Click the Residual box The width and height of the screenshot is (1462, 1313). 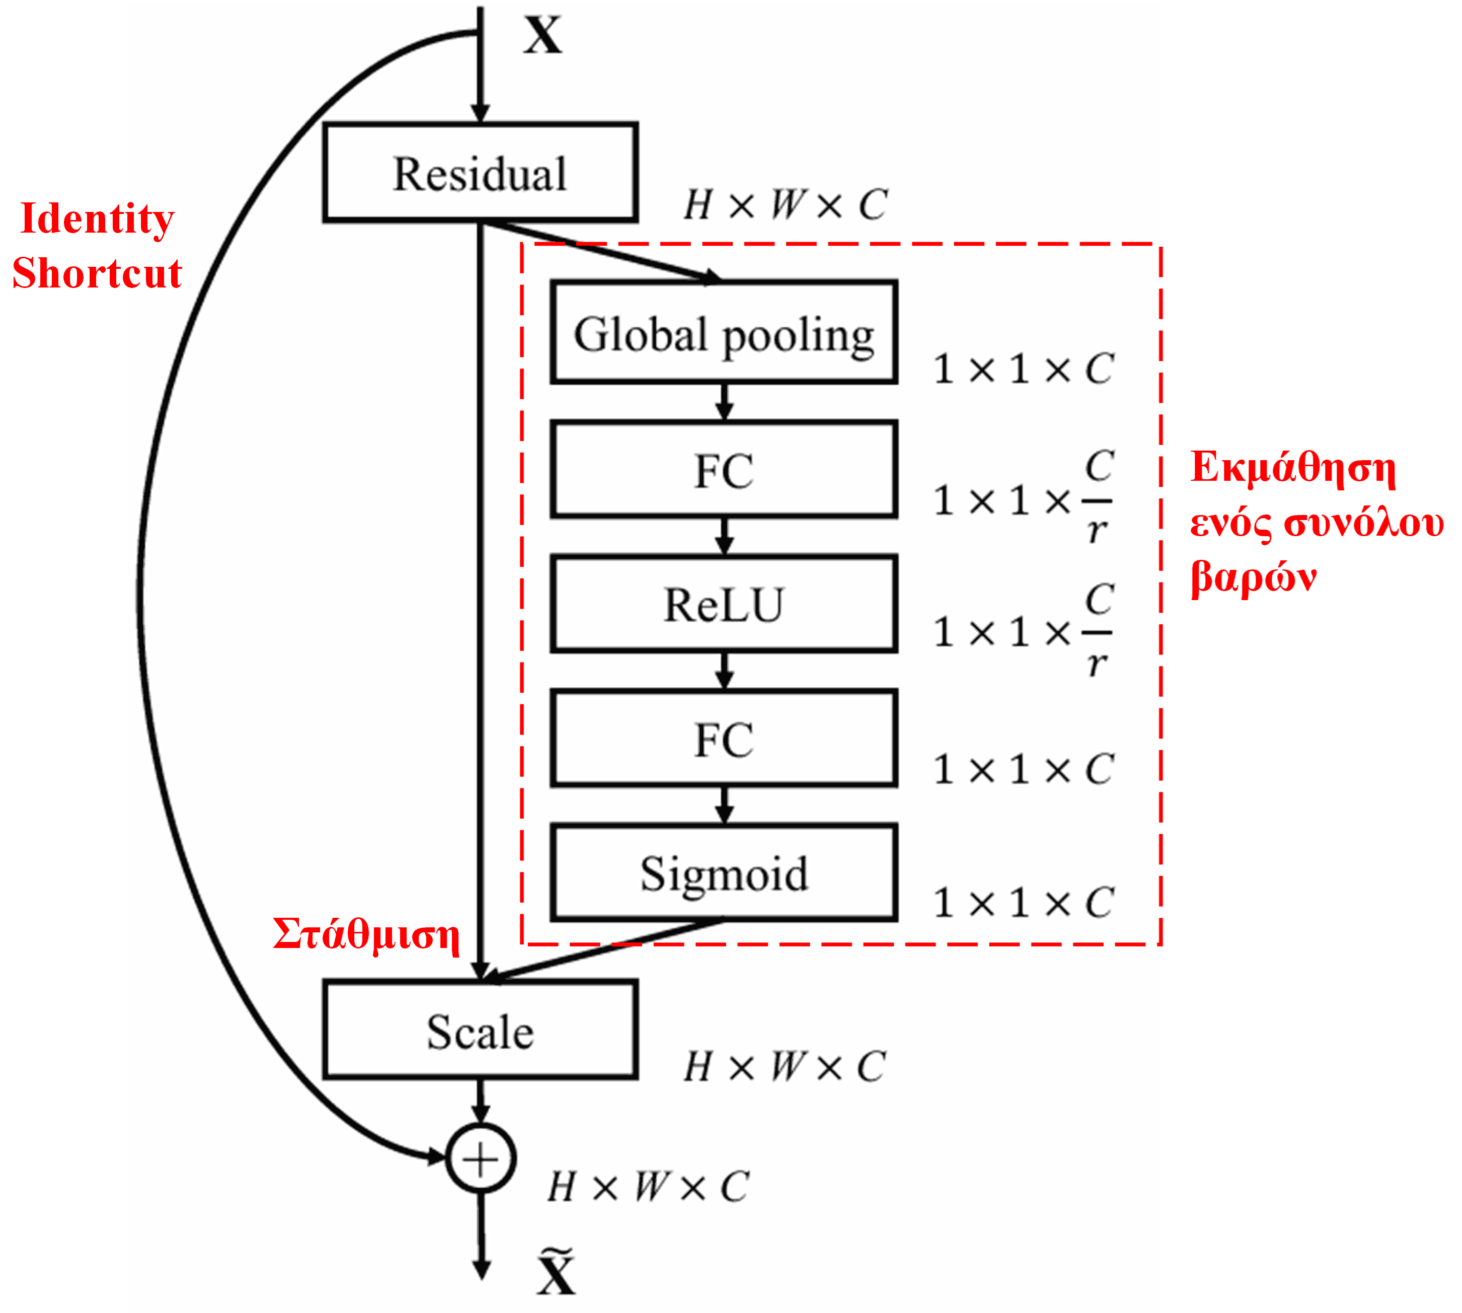pyautogui.click(x=480, y=173)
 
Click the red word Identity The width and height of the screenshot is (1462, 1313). pyautogui.click(x=97, y=218)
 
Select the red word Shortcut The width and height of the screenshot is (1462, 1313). pyautogui.click(x=97, y=273)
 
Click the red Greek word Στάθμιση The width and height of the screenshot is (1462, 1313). pyautogui.click(x=366, y=935)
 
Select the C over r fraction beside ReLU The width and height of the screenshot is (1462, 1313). pyautogui.click(x=1097, y=631)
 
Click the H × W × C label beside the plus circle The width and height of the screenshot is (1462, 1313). pyautogui.click(x=648, y=1187)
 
